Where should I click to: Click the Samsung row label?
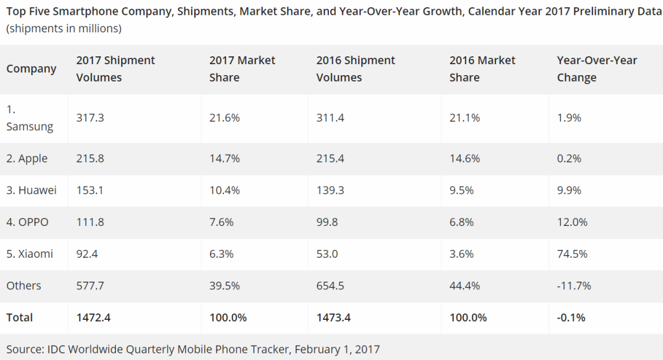pyautogui.click(x=30, y=118)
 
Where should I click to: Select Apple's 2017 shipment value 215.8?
pyautogui.click(x=89, y=159)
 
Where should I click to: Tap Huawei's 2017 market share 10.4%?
pyautogui.click(x=224, y=190)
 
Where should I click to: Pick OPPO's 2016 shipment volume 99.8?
pyautogui.click(x=328, y=222)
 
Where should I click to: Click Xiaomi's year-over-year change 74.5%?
pyautogui.click(x=572, y=254)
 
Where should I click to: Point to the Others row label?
pyautogui.click(x=24, y=286)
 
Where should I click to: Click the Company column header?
pyautogui.click(x=32, y=69)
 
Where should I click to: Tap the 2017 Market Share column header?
pyautogui.click(x=242, y=69)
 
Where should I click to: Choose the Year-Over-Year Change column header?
pyautogui.click(x=597, y=69)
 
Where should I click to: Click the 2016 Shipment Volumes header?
pyautogui.click(x=356, y=69)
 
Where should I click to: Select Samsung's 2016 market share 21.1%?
pyautogui.click(x=464, y=118)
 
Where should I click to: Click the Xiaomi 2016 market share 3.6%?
pyautogui.click(x=461, y=254)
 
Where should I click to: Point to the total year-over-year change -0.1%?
pyautogui.click(x=571, y=317)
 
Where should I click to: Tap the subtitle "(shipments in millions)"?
pyautogui.click(x=64, y=28)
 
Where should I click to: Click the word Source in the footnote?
pyautogui.click(x=24, y=349)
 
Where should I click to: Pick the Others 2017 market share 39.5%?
pyautogui.click(x=224, y=286)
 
